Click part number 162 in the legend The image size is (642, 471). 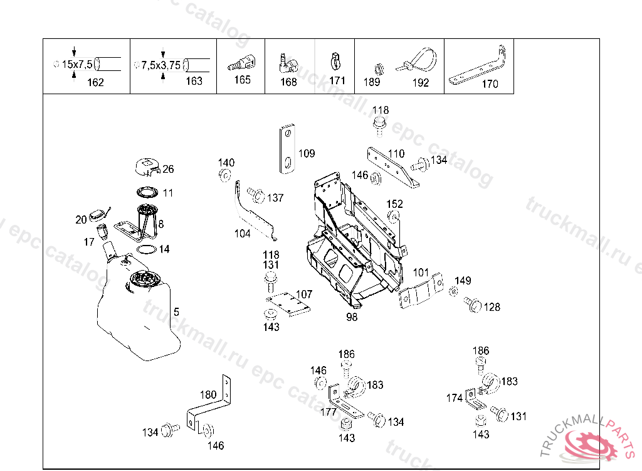pyautogui.click(x=95, y=82)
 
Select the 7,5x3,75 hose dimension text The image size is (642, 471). pyautogui.click(x=161, y=65)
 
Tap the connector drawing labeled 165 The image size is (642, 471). pyautogui.click(x=241, y=63)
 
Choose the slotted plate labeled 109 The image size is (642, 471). pyautogui.click(x=288, y=148)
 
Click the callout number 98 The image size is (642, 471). pyautogui.click(x=352, y=317)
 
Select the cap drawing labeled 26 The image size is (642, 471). pyautogui.click(x=147, y=166)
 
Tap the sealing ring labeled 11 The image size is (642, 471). pyautogui.click(x=147, y=192)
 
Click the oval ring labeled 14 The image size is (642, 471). pyautogui.click(x=147, y=249)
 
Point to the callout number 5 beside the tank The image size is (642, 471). pyautogui.click(x=176, y=312)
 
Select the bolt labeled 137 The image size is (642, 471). pyautogui.click(x=256, y=195)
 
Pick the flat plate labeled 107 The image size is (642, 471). pyautogui.click(x=288, y=304)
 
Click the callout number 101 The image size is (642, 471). pyautogui.click(x=421, y=273)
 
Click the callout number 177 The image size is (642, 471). pyautogui.click(x=329, y=411)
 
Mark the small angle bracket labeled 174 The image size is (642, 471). pyautogui.click(x=475, y=399)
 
